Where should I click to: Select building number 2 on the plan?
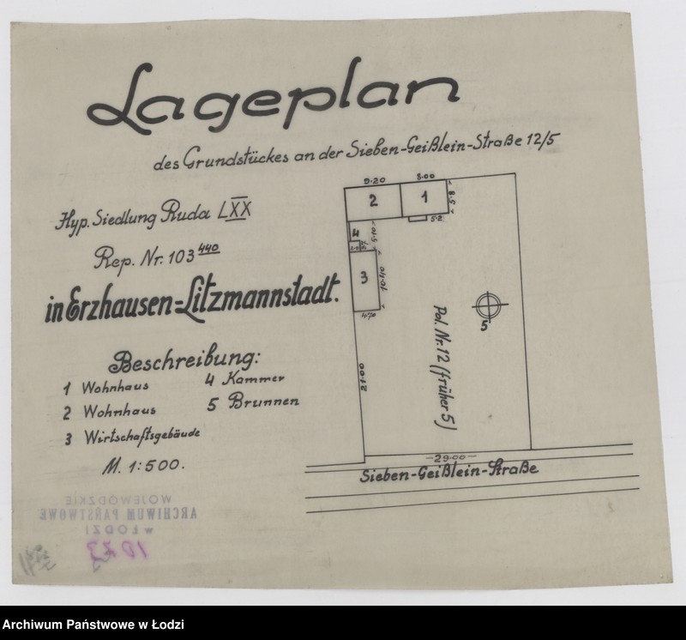[x=373, y=202]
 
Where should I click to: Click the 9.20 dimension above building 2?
[x=372, y=181]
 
